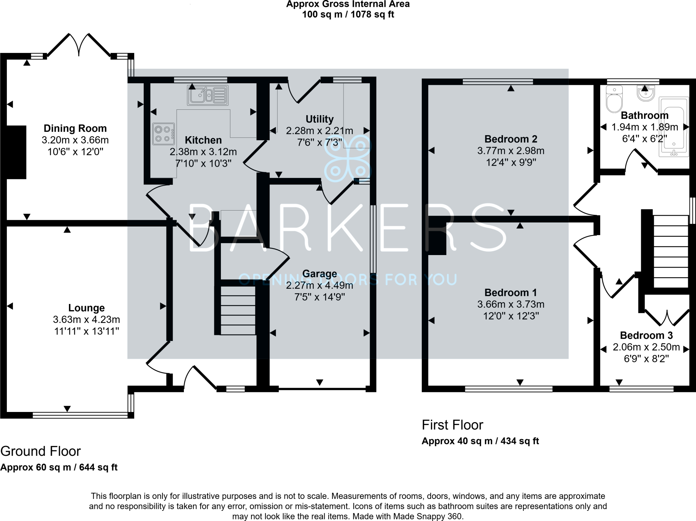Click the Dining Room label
coord(75,128)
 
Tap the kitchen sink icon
coord(207,95)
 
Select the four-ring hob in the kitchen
coord(163,134)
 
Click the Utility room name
coord(319,119)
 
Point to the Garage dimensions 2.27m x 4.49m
coord(319,285)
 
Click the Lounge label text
coord(86,308)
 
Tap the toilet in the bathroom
coord(614,99)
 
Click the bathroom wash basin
coord(645,93)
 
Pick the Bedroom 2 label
coord(510,139)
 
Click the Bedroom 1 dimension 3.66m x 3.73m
coord(510,304)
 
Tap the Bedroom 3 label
coord(646,335)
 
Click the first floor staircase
coord(671,251)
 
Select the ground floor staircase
coord(238,310)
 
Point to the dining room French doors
coord(79,46)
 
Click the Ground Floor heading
coord(40,451)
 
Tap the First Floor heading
coord(452,425)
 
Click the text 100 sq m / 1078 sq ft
coord(348,15)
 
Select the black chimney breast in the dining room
coord(16,152)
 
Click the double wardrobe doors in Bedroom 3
coord(667,318)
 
